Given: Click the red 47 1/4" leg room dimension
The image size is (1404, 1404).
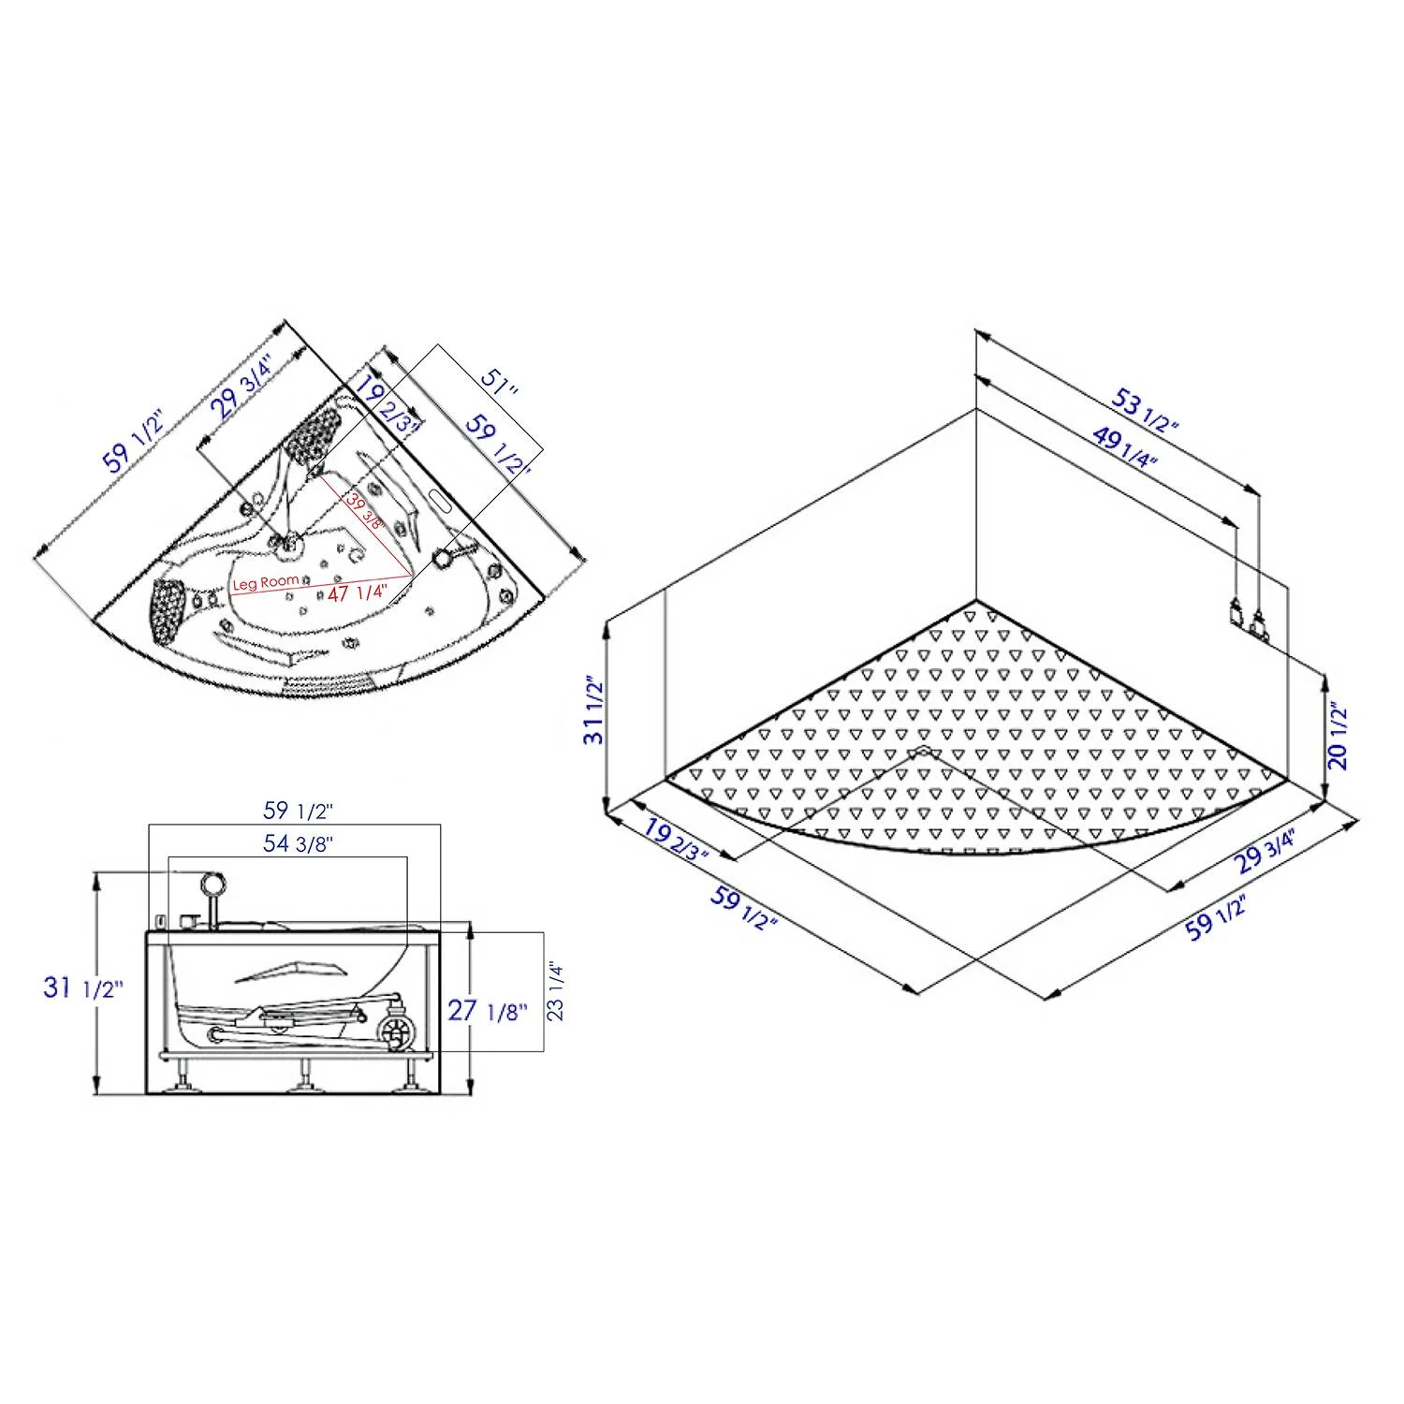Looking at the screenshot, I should pyautogui.click(x=357, y=592).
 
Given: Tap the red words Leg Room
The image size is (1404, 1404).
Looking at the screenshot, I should pyautogui.click(x=266, y=582).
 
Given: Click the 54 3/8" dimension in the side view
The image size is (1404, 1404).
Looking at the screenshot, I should pyautogui.click(x=299, y=843).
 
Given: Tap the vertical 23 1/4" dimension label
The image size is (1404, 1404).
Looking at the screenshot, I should pyautogui.click(x=556, y=990).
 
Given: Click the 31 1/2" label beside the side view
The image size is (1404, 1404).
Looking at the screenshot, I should pyautogui.click(x=82, y=987).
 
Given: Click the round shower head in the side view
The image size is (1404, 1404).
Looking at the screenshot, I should pyautogui.click(x=213, y=882).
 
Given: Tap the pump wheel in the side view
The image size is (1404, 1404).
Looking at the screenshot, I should pyautogui.click(x=395, y=1032).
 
